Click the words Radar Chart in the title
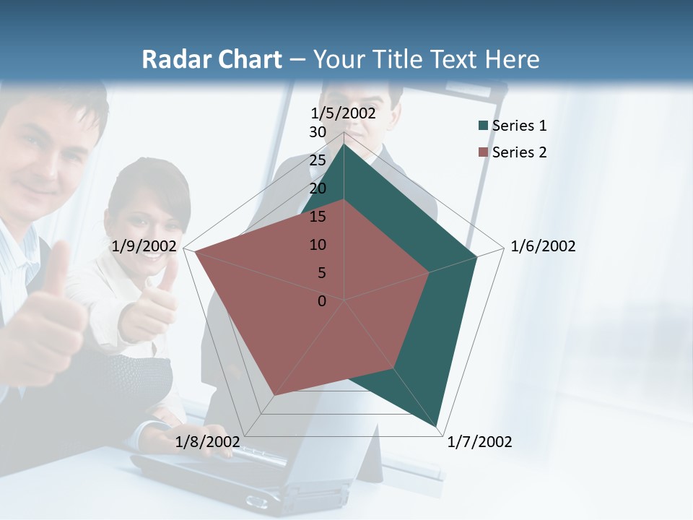pos(212,59)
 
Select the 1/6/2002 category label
pos(543,246)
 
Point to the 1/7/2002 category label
pos(479,442)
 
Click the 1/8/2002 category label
pos(207,442)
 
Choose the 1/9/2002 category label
pos(144,246)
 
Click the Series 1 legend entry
pos(519,126)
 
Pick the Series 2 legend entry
pos(519,152)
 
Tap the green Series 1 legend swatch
pos(483,126)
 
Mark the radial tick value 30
pos(318,132)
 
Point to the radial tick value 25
pos(318,160)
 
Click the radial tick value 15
pos(318,217)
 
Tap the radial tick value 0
pos(322,301)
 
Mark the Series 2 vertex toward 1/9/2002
pos(195,251)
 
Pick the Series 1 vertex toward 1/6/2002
pos(476,257)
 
